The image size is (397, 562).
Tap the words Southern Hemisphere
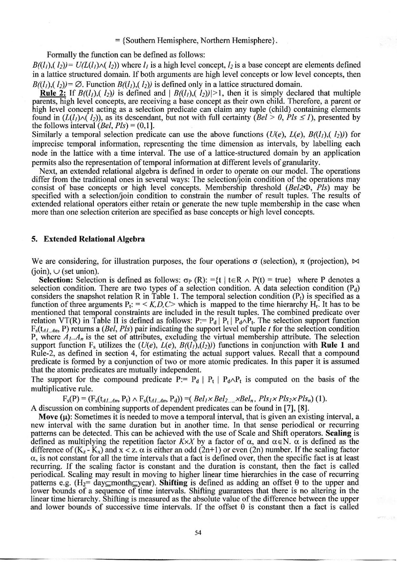pos(153,40)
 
